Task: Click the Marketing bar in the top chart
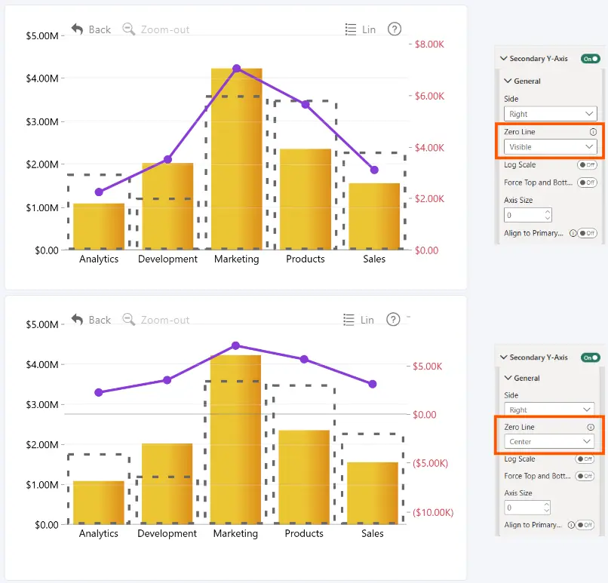coord(237,159)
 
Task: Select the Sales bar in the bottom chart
coord(373,493)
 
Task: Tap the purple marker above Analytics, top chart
coord(99,192)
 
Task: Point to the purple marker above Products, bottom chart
coord(305,359)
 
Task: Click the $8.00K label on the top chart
coord(429,44)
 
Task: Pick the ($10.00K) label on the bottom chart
coord(433,512)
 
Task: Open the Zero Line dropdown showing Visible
coord(550,147)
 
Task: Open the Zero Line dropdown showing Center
coord(549,441)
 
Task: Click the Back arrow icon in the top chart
coord(77,29)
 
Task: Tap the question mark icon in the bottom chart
coord(393,320)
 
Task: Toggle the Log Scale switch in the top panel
coord(587,164)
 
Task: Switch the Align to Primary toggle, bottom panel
coord(585,525)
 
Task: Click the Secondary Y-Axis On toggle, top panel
coord(590,59)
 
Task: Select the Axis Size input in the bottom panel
coord(527,508)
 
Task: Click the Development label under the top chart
coord(167,259)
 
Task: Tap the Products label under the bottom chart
coord(304,533)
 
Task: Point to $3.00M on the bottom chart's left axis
coord(42,405)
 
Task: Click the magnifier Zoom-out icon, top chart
coord(129,29)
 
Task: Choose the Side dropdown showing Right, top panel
coord(550,114)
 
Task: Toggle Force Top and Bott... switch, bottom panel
coord(585,476)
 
